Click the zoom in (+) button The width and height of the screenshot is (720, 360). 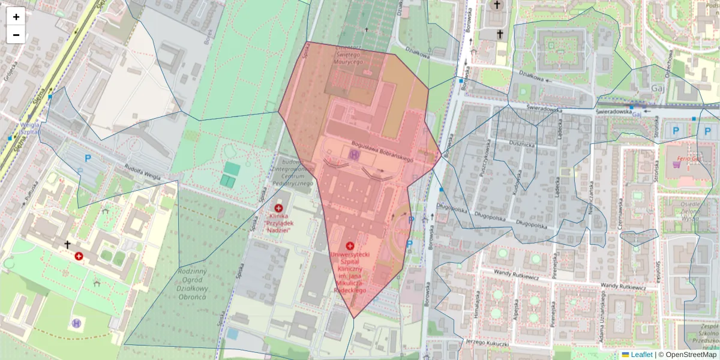[x=16, y=17]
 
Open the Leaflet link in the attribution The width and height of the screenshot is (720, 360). [x=641, y=355]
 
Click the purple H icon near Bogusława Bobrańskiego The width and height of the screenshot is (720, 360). [x=354, y=155]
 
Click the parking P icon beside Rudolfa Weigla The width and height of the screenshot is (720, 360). [x=88, y=158]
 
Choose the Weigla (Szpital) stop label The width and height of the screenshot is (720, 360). [x=29, y=128]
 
